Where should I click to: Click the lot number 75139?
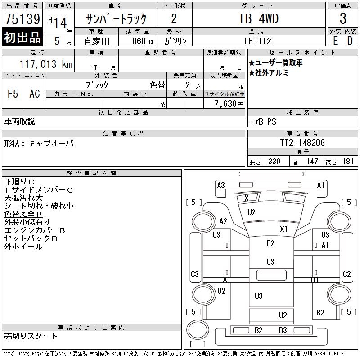pos(22,18)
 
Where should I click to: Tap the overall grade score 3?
pos(343,18)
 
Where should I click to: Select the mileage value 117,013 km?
pos(46,64)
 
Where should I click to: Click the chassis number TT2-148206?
pos(302,143)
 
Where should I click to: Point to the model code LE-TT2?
pos(257,41)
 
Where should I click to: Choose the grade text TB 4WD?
pos(259,18)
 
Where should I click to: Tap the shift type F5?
pos(13,94)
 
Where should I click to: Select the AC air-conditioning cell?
pos(35,94)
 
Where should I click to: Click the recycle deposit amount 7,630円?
pos(229,104)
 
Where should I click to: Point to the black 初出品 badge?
pos(22,37)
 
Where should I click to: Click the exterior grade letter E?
pos(335,41)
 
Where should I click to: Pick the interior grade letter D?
pos(350,41)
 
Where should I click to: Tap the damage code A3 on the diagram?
pos(221,185)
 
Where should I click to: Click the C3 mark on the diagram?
pos(195,274)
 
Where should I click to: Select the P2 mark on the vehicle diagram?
pos(270,243)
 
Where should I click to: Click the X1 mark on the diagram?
pos(283,229)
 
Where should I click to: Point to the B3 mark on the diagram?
pos(283,330)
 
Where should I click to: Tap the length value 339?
pos(274,162)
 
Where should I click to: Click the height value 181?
pos(348,162)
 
